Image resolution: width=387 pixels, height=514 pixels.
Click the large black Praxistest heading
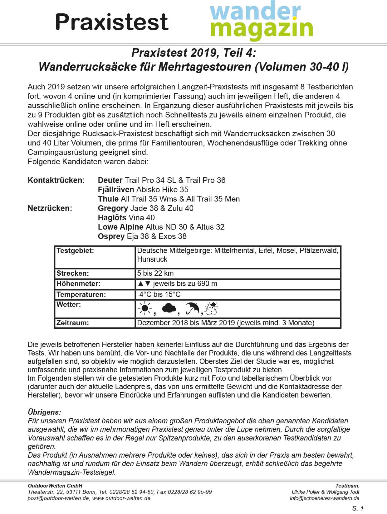[111, 22]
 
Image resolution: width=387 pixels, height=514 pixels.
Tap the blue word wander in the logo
[255, 11]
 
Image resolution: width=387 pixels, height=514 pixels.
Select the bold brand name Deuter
[110, 180]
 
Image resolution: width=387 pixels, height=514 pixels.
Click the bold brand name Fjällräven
[116, 190]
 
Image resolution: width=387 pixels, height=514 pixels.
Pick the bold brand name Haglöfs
[112, 218]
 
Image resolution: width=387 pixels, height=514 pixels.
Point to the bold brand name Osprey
[111, 236]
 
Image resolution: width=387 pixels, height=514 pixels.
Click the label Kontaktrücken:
[56, 180]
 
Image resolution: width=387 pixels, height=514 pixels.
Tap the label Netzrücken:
[50, 208]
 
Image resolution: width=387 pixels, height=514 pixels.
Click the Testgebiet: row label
[75, 251]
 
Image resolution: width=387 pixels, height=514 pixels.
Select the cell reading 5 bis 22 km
[155, 274]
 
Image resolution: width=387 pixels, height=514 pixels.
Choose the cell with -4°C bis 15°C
[159, 294]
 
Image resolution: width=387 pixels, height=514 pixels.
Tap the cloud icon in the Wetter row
[169, 308]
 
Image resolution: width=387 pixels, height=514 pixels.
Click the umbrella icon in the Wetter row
[192, 308]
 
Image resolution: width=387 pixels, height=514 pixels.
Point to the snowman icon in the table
[212, 308]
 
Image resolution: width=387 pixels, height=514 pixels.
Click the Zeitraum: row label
[73, 323]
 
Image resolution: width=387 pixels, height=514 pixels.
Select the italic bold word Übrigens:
[44, 412]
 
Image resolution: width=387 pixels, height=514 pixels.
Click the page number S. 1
[358, 508]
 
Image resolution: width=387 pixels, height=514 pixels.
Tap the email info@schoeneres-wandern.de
[324, 498]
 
